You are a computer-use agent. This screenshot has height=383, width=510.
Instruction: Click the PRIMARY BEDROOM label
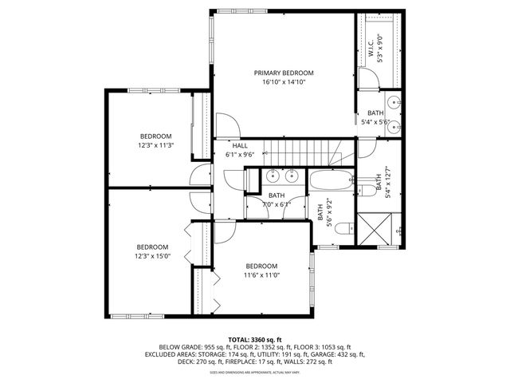point(284,73)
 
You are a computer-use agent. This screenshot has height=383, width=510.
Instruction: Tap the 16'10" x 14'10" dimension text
point(284,81)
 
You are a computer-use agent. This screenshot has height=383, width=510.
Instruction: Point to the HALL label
point(239,146)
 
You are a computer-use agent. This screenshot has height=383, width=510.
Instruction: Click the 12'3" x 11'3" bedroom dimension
point(156,145)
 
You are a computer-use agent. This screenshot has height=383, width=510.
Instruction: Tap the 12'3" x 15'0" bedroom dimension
point(151,256)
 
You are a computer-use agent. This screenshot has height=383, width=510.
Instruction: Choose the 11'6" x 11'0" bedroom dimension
point(261,275)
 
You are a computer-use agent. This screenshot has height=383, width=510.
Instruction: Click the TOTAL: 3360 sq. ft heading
point(254,340)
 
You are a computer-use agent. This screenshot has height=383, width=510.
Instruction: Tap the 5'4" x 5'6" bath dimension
point(375,122)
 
